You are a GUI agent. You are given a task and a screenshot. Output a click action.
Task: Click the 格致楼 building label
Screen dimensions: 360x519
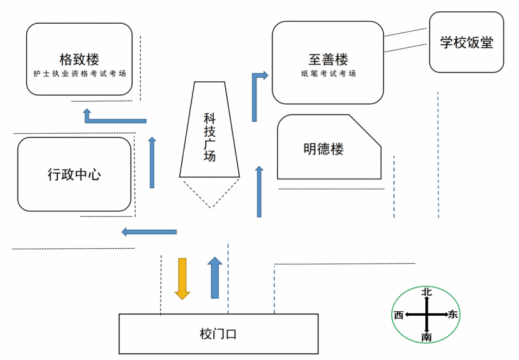79,59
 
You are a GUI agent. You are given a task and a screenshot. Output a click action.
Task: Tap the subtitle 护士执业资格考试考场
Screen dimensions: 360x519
79,73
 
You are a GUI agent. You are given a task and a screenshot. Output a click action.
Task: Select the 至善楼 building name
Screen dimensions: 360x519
328,59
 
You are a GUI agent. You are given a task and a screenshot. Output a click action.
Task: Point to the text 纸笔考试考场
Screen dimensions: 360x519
328,73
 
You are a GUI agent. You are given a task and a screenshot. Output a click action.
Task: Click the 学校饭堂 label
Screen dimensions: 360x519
466,42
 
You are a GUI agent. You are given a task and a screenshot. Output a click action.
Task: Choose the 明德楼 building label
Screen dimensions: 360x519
324,149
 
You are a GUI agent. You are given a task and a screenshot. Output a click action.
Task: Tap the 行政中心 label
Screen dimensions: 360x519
74,174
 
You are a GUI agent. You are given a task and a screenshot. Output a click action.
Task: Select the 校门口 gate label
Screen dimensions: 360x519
218,334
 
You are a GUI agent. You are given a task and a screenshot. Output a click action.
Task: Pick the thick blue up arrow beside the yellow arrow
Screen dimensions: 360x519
215,277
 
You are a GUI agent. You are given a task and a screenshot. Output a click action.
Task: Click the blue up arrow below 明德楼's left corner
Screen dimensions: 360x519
259,191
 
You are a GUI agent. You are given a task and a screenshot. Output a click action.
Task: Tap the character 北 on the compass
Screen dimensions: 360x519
426,292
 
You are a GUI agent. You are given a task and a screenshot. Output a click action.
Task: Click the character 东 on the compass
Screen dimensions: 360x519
453,314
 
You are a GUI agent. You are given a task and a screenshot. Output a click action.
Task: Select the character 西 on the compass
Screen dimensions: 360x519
398,314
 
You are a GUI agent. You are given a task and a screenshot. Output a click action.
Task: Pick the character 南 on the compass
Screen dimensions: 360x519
426,337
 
